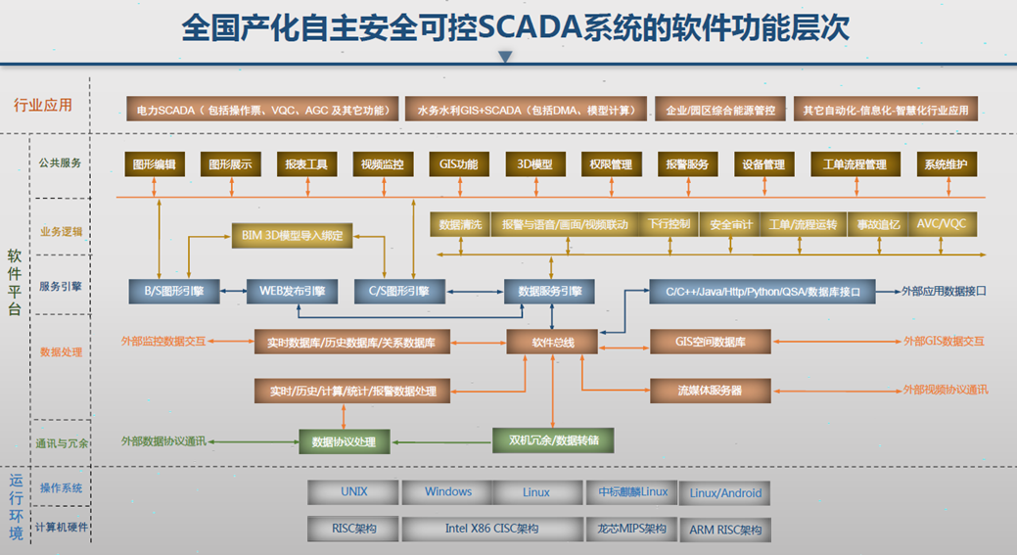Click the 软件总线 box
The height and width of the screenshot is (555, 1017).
(552, 342)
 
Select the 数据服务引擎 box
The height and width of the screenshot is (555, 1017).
(549, 291)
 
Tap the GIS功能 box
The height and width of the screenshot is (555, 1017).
(458, 164)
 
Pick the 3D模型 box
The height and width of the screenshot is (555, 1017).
(535, 164)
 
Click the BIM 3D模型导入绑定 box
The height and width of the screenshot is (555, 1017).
(291, 235)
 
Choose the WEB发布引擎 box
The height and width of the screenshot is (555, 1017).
(292, 291)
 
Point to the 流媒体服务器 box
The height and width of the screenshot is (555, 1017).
(710, 390)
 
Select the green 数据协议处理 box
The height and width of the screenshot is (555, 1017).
(344, 441)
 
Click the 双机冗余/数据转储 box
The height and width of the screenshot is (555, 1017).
(553, 439)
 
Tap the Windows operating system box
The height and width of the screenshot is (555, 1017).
(448, 492)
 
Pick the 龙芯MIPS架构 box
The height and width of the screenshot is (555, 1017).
(631, 530)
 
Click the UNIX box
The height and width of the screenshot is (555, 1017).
(354, 492)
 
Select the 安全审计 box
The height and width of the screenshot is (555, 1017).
(731, 224)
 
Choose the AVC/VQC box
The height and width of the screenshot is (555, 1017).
(941, 224)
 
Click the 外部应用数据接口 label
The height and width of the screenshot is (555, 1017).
(944, 291)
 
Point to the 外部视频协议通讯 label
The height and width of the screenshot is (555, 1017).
(945, 390)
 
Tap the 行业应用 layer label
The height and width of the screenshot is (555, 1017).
(43, 105)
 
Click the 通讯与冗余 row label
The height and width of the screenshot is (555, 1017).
(62, 442)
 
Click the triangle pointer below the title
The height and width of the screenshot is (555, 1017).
(505, 57)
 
